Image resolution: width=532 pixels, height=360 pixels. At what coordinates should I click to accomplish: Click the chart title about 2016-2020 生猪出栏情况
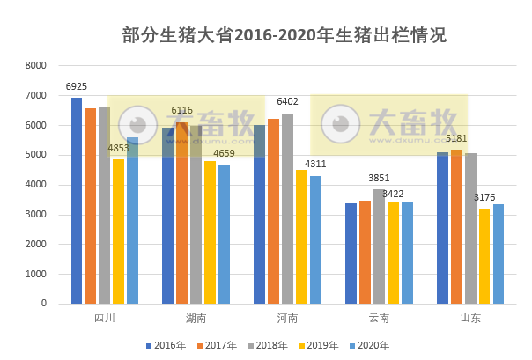(x=284, y=35)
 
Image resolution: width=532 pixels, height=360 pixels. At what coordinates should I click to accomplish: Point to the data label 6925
(x=77, y=87)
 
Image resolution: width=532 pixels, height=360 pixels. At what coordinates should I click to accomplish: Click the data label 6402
(x=287, y=102)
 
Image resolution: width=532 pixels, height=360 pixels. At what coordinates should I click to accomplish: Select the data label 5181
(x=456, y=139)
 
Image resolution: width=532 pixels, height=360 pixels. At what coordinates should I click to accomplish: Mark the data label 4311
(x=315, y=165)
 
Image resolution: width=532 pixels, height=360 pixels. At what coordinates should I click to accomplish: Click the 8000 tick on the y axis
(x=36, y=66)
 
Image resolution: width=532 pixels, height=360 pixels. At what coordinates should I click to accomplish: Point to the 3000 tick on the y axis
(x=36, y=215)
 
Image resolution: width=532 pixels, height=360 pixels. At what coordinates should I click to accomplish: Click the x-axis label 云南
(x=379, y=318)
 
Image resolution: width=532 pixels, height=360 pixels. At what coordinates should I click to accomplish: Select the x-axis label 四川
(x=104, y=318)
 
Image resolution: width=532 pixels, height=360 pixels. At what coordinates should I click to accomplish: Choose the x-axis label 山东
(x=470, y=318)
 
